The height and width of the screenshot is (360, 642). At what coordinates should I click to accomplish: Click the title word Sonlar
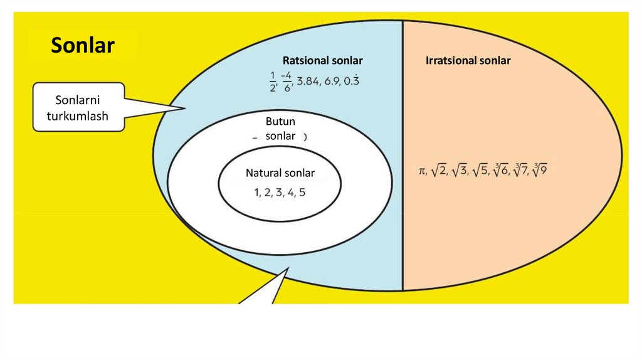pos(83,45)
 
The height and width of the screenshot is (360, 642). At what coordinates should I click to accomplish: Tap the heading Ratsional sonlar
pos(322,61)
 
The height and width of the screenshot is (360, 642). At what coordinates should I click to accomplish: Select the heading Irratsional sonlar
pos(468,61)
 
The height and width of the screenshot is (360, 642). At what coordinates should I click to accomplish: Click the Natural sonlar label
pos(280,173)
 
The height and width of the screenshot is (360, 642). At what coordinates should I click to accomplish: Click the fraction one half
pos(273,82)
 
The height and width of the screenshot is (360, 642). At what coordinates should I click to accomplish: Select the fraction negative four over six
pos(287,82)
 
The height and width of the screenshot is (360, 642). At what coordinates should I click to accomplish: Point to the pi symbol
pos(423,171)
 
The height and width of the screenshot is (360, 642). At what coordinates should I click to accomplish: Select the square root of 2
pos(439,170)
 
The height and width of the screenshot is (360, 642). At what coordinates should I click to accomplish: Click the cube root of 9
pos(540,170)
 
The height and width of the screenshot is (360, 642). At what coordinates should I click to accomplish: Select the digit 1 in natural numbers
pos(257,193)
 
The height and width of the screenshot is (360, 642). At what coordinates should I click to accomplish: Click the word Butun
pos(280,122)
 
